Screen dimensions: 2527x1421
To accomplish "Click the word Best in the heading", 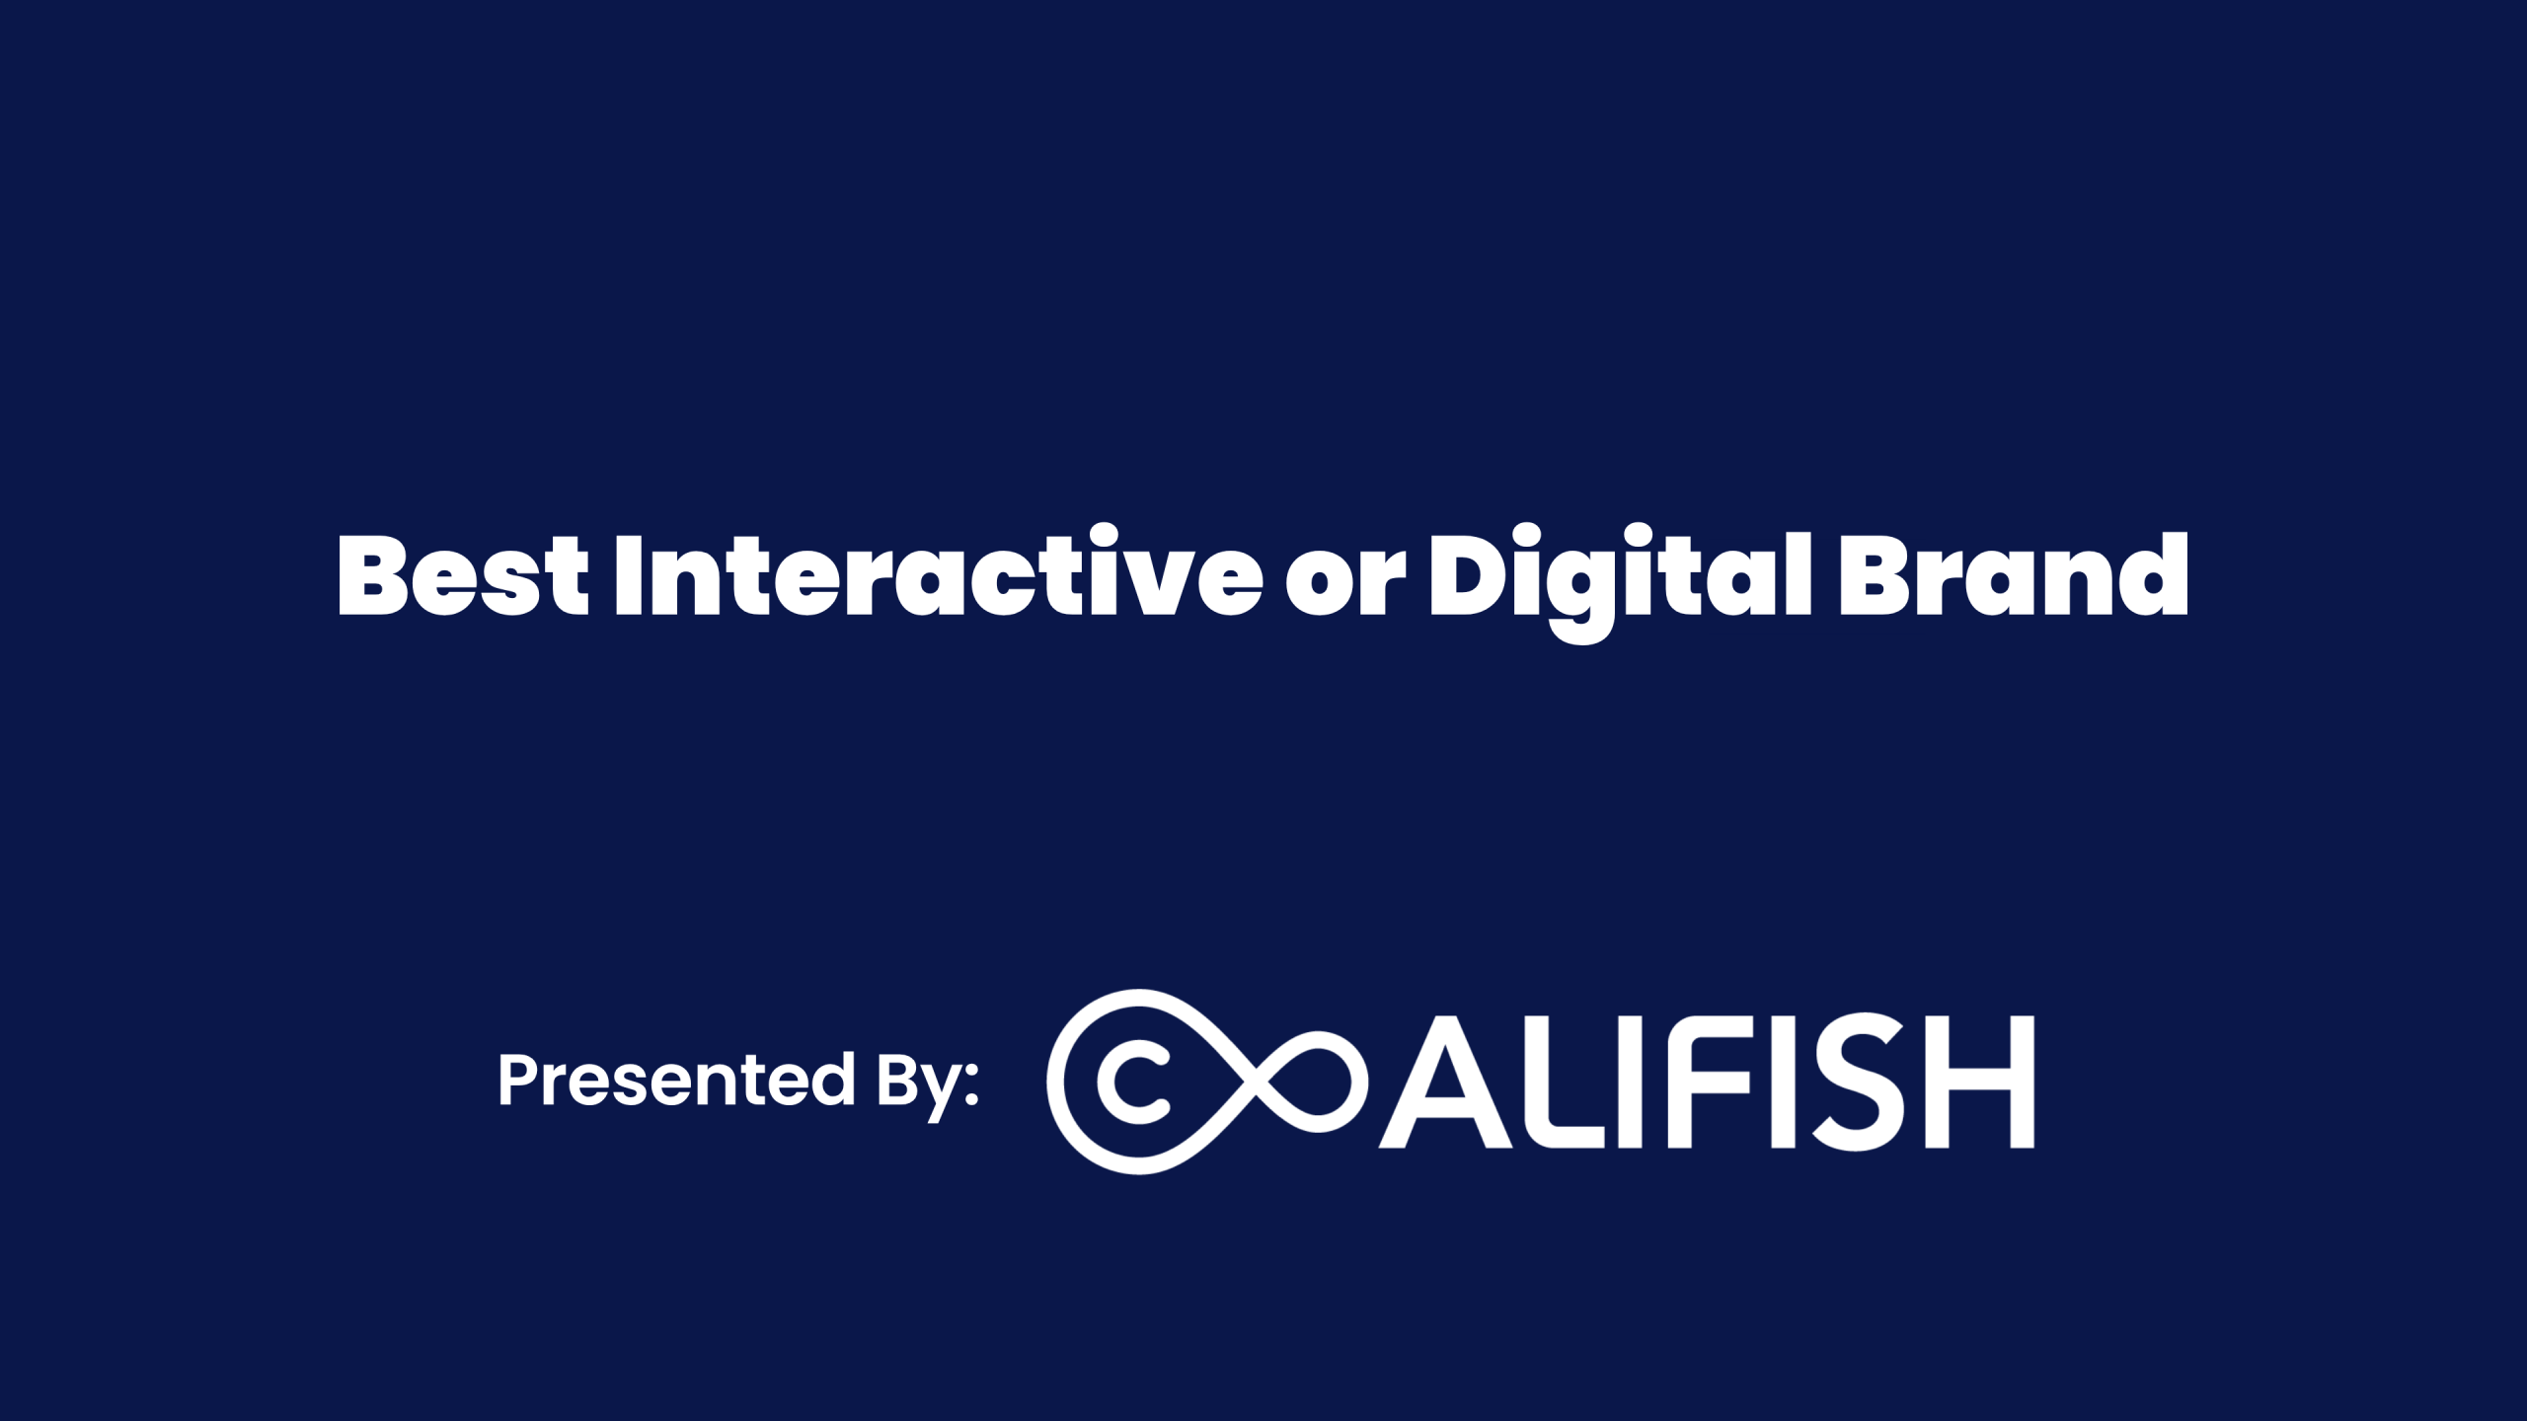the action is click(463, 575).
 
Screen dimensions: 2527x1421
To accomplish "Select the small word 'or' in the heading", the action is click(1345, 586).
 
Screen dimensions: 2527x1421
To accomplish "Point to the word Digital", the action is click(1620, 583).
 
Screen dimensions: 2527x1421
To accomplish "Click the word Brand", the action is click(2013, 575).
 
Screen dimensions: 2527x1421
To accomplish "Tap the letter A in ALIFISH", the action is click(1446, 1083).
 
